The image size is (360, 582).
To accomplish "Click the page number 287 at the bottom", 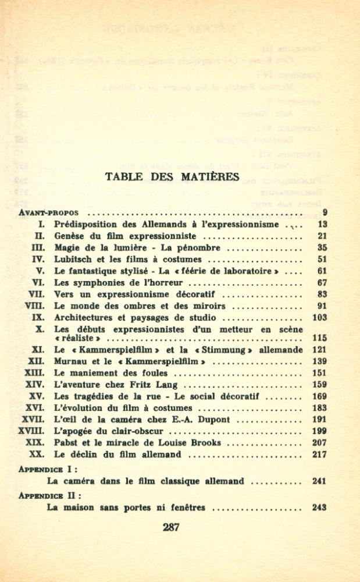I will tap(171, 528).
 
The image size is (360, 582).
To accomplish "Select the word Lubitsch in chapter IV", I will tap(73, 260).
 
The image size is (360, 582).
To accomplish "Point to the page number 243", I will tap(319, 508).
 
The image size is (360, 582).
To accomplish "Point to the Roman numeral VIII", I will tap(35, 306).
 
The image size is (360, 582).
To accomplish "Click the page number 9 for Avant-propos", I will tap(325, 212).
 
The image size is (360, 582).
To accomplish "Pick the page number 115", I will tap(319, 338).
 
